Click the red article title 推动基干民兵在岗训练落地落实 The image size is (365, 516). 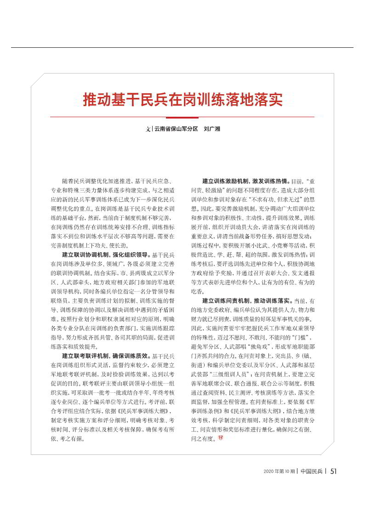click(182, 100)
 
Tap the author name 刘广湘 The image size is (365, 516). click(212, 129)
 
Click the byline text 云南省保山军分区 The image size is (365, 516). click(176, 129)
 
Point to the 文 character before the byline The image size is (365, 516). click(148, 129)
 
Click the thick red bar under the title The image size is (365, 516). click(182, 117)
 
